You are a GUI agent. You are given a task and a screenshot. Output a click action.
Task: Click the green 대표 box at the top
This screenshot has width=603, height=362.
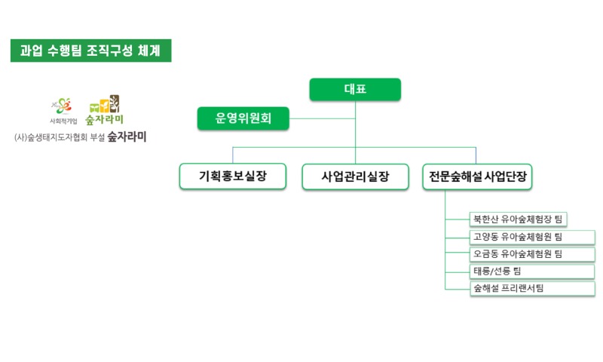tap(355, 90)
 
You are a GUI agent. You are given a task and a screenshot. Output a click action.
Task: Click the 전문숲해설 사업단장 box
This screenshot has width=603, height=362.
tap(478, 176)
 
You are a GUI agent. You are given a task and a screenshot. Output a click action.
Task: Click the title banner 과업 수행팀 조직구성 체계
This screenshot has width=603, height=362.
tap(90, 51)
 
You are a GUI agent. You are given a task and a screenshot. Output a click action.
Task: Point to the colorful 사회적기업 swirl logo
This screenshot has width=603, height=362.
tap(63, 105)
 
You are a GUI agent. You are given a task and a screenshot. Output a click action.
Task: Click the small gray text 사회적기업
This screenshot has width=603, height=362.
tap(63, 120)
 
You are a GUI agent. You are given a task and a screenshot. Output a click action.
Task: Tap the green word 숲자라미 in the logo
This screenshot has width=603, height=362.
tap(104, 119)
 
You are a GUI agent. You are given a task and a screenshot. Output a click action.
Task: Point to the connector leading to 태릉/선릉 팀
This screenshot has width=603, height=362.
tap(457, 271)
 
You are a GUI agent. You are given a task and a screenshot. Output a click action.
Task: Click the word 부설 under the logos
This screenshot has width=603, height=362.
tap(95, 138)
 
